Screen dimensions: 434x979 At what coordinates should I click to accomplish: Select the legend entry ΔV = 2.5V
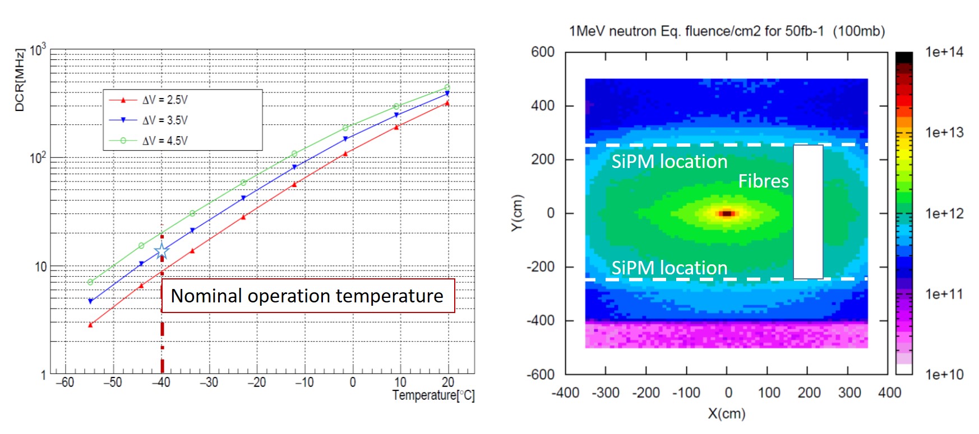click(x=165, y=100)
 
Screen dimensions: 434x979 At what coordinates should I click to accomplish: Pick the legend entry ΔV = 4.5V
click(x=165, y=141)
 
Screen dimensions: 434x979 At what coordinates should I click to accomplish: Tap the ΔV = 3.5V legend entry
click(x=165, y=120)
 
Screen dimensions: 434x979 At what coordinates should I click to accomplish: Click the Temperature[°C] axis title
click(x=433, y=395)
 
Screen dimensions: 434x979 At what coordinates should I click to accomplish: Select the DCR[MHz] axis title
click(x=20, y=80)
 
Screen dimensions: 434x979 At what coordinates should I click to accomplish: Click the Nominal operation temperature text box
click(x=307, y=296)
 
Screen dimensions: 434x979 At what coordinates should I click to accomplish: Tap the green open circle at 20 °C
click(x=447, y=87)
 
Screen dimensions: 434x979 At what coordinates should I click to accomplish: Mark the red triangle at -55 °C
click(x=90, y=325)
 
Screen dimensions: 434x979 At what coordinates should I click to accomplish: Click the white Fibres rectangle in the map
click(x=808, y=212)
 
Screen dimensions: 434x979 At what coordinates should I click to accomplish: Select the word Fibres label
click(x=763, y=181)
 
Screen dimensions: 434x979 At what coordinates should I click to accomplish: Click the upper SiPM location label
click(x=669, y=162)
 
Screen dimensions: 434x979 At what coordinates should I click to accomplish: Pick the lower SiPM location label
click(x=669, y=268)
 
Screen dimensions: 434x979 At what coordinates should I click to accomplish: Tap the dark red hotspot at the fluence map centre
click(x=727, y=213)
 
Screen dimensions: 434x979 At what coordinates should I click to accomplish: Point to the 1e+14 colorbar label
click(x=944, y=52)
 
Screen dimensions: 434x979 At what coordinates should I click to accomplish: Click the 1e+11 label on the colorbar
click(x=944, y=294)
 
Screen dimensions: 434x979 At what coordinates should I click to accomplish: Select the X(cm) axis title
click(x=726, y=413)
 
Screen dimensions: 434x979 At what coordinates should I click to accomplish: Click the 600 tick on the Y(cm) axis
click(x=542, y=52)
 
